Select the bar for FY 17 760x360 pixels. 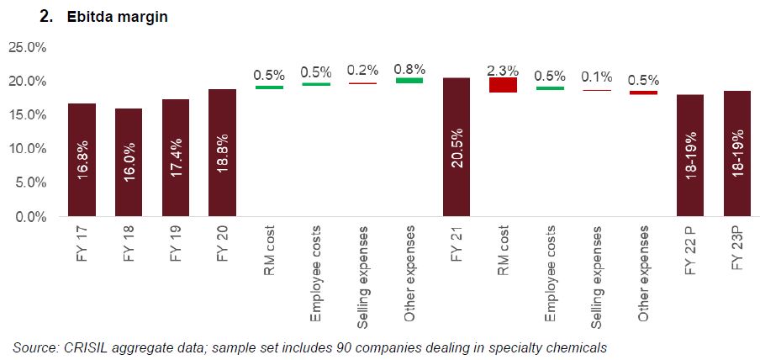(x=82, y=160)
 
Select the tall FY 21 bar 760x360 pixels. (x=457, y=147)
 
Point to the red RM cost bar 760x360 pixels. (x=503, y=84)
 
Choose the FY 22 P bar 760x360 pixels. (x=690, y=156)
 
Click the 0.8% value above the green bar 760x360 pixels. (x=409, y=69)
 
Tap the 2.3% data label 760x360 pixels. (x=503, y=71)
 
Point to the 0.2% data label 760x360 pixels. (x=362, y=71)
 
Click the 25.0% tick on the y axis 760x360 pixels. (x=27, y=47)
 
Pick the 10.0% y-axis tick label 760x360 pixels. (x=27, y=149)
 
